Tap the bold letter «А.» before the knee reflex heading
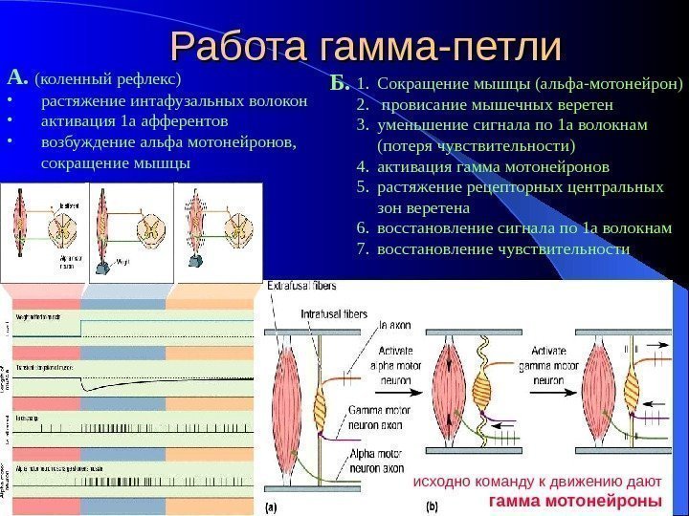[x=17, y=75]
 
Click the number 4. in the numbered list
[x=362, y=165]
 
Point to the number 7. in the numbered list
[x=362, y=249]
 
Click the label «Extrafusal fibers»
[x=301, y=286]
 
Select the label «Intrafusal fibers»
[x=332, y=312]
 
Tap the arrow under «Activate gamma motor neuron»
[x=556, y=391]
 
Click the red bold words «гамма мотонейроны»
[x=574, y=500]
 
